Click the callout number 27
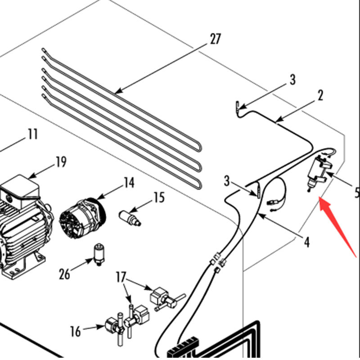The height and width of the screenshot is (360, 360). (216, 39)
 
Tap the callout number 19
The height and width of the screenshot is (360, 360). (61, 162)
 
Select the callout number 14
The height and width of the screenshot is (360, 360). (129, 182)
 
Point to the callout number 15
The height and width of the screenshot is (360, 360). (159, 198)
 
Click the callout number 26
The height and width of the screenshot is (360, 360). (65, 274)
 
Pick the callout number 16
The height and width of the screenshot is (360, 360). (76, 332)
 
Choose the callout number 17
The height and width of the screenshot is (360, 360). (121, 276)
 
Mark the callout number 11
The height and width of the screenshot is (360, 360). (32, 134)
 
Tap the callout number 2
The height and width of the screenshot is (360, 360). (320, 95)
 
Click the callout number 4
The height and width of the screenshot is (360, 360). (306, 242)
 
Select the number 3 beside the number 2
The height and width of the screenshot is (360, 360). (292, 80)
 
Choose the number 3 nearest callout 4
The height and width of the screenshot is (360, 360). (227, 182)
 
